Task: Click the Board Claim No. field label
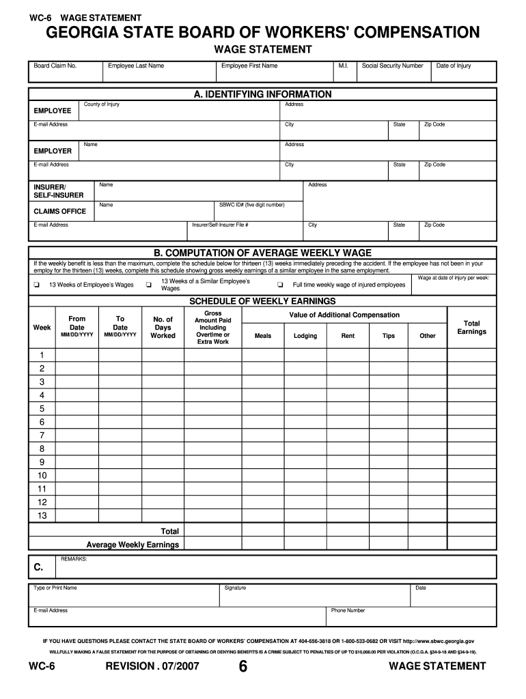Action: [x=55, y=66]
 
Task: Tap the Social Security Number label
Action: [x=392, y=66]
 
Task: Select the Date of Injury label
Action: [x=454, y=66]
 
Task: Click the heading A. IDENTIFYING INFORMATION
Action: [x=262, y=94]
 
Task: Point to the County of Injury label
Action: [x=101, y=104]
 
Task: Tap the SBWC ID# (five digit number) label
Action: [x=251, y=205]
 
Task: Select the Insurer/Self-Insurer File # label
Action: [x=220, y=225]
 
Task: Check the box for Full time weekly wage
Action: [x=279, y=285]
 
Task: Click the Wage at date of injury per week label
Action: [x=453, y=278]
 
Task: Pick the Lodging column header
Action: [x=305, y=336]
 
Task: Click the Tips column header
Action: [x=388, y=336]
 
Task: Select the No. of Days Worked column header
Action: [x=163, y=328]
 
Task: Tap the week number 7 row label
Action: [x=42, y=436]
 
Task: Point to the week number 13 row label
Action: [x=42, y=515]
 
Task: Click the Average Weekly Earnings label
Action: [x=133, y=545]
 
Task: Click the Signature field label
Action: [x=235, y=588]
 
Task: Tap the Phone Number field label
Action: [x=348, y=610]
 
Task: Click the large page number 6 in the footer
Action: [x=243, y=668]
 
